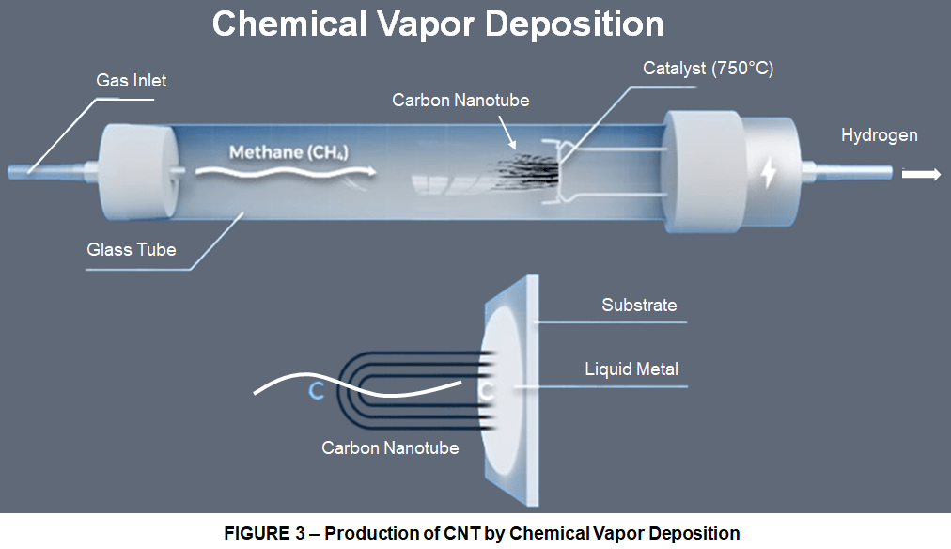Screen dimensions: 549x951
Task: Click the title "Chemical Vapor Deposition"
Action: click(437, 24)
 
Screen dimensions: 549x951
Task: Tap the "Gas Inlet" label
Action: click(131, 81)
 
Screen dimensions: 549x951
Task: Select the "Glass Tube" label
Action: click(131, 249)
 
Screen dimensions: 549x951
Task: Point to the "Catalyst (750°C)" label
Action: click(708, 69)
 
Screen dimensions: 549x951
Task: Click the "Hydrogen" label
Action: click(879, 135)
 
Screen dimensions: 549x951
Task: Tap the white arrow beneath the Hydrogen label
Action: click(921, 174)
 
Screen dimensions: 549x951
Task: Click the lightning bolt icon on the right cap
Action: click(769, 172)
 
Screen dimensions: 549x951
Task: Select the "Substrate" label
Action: click(639, 306)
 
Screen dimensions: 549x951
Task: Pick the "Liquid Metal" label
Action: click(631, 369)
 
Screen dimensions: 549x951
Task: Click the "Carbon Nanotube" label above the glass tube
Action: click(460, 100)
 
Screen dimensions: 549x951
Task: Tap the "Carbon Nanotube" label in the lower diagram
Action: click(390, 448)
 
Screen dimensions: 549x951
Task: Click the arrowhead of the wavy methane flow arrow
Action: click(371, 171)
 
